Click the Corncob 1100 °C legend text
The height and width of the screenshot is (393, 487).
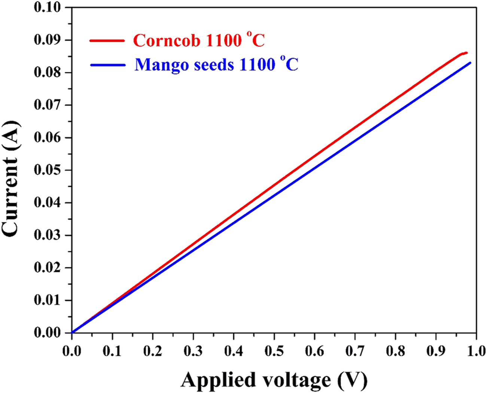point(199,41)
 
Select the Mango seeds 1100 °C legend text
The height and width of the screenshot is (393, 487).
point(216,65)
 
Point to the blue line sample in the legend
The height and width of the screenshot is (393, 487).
point(107,65)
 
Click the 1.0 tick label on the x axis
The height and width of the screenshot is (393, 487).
point(476,351)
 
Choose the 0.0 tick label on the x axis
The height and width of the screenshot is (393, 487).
point(72,351)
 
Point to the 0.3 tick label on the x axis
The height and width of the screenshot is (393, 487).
point(193,351)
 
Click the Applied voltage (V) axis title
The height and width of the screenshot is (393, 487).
point(274,380)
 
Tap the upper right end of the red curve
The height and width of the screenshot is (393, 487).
point(466,53)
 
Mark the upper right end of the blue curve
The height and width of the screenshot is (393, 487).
point(470,63)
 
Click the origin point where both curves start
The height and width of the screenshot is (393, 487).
point(72,332)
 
